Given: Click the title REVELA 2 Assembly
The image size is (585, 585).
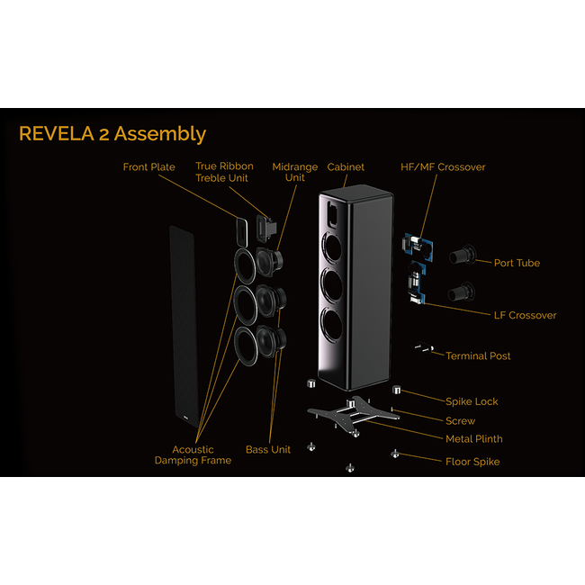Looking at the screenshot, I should (x=112, y=134).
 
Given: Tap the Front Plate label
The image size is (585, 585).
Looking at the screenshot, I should (x=148, y=167).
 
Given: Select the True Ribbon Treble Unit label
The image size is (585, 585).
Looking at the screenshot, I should (x=224, y=172).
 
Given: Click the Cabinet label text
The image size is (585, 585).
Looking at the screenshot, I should (x=346, y=167).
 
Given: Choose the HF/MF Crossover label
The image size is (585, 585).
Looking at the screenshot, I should (x=443, y=167).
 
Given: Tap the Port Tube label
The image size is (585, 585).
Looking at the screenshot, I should (x=517, y=263).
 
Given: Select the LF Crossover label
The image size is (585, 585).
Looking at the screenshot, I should (x=526, y=315).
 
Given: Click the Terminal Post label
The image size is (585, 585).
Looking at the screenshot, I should (x=478, y=356).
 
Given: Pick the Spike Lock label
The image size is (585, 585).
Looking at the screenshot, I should (x=472, y=401).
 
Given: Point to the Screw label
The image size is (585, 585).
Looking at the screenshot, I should (x=461, y=420).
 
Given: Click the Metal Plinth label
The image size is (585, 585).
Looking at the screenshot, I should (x=474, y=439).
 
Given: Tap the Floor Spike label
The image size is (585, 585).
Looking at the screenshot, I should (x=472, y=462).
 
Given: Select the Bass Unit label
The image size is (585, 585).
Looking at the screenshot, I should (x=268, y=449).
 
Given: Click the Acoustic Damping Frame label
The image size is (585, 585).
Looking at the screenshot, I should (x=193, y=454).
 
